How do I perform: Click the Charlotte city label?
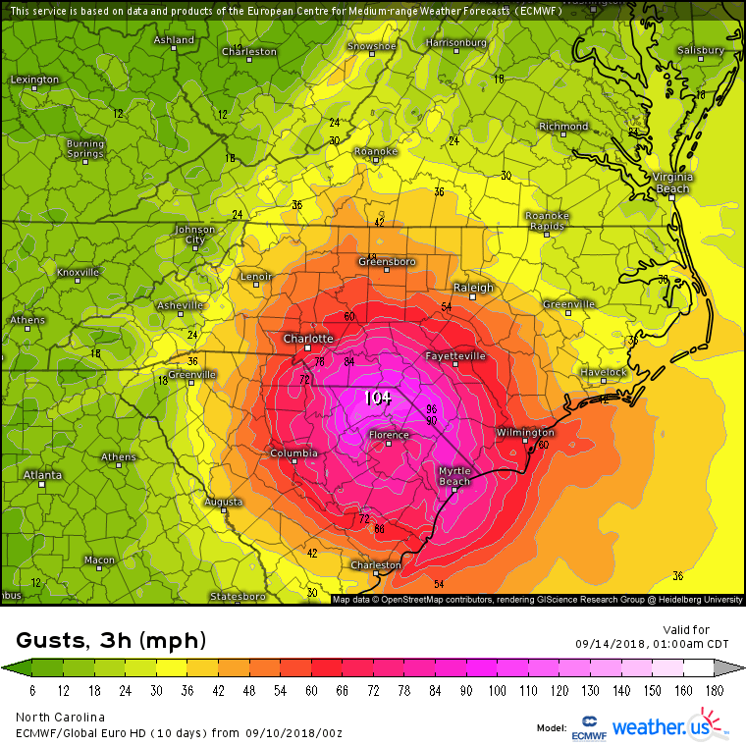coord(309,339)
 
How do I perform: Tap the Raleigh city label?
coord(473,288)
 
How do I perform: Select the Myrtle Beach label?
coord(454,476)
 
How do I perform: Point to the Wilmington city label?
coord(525,432)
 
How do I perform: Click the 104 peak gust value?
coord(378,398)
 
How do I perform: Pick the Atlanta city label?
coord(43,475)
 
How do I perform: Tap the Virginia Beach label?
coord(672,182)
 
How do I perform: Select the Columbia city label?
coord(293,453)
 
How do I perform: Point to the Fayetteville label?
coord(455,355)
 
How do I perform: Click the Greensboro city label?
coord(387,262)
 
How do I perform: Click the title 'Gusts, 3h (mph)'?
coord(111,641)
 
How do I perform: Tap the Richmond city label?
coord(563,127)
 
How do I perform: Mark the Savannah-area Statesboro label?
coord(238,596)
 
